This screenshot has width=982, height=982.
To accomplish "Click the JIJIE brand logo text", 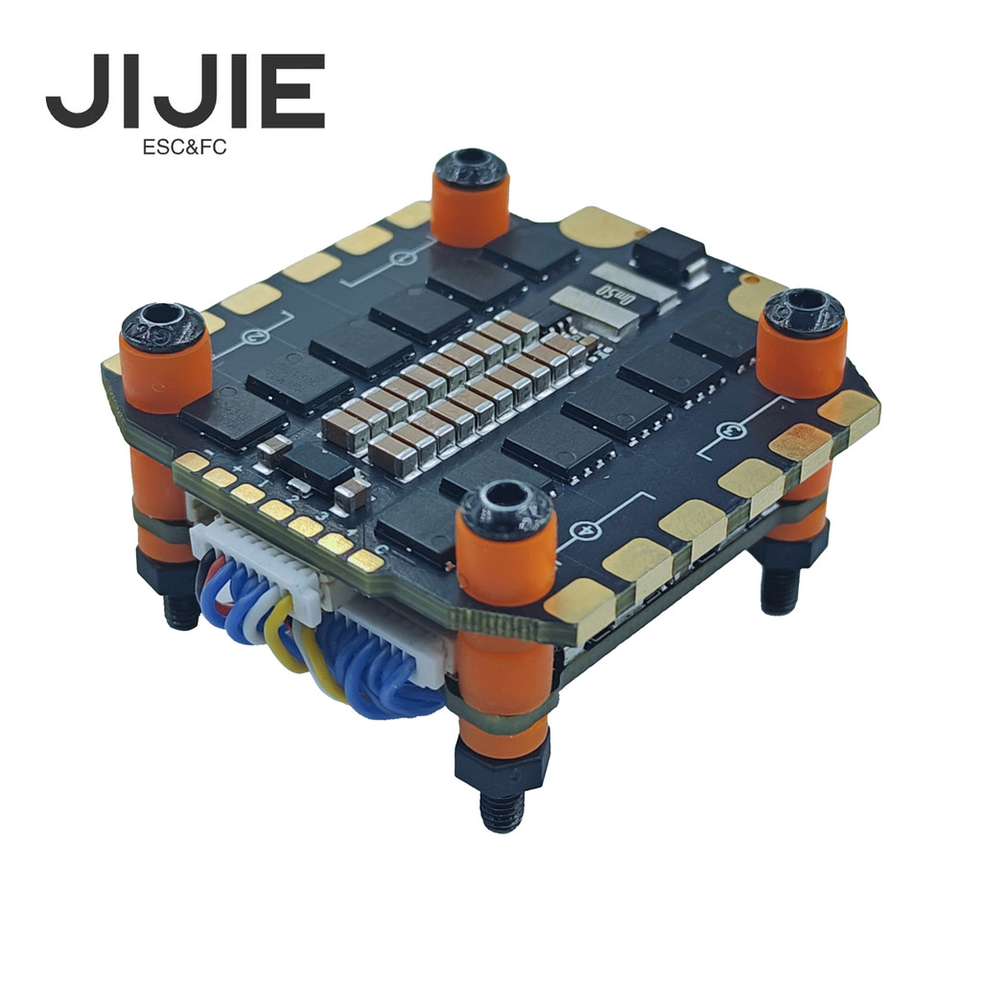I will click(x=185, y=92).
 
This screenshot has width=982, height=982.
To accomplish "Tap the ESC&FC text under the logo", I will click(x=184, y=148).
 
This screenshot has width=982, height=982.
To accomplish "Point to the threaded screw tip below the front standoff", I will click(x=502, y=810).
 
